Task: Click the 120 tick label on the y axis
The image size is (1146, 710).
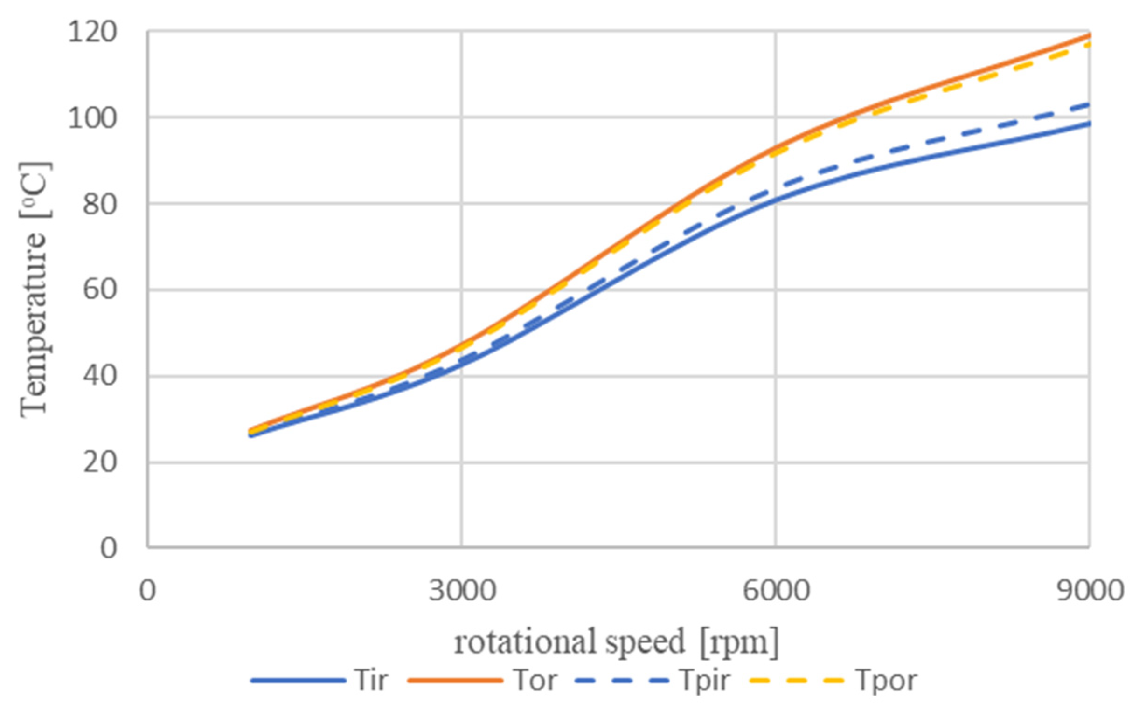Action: (91, 33)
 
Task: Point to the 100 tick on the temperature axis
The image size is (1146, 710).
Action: (91, 118)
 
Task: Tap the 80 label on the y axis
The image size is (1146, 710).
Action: (99, 204)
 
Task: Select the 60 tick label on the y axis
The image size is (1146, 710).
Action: (99, 290)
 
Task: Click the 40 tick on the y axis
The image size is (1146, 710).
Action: (99, 376)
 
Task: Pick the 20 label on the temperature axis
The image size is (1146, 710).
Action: (99, 462)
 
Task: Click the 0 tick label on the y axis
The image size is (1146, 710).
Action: (108, 548)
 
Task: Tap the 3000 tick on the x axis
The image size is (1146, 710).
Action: (462, 591)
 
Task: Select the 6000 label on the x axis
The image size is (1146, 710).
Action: (776, 591)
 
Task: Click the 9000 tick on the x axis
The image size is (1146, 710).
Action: (1089, 591)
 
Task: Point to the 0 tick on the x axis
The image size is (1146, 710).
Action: (147, 591)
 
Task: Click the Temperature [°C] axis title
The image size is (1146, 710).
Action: (35, 290)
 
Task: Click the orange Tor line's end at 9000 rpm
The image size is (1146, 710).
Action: (1088, 35)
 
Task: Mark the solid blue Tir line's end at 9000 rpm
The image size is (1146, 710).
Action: (1088, 124)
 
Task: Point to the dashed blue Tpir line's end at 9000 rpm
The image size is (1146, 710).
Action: (1088, 104)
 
